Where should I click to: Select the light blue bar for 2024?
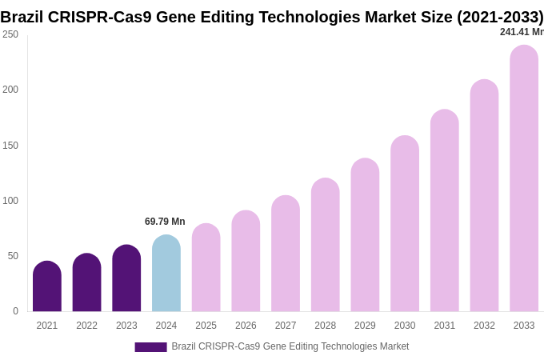click(166, 274)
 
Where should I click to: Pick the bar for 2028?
click(326, 245)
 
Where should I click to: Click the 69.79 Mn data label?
click(165, 222)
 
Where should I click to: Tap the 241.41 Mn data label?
click(522, 32)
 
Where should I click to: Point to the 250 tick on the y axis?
click(10, 34)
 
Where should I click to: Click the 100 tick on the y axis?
click(10, 201)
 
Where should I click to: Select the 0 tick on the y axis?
click(15, 311)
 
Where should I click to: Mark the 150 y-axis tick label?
click(10, 146)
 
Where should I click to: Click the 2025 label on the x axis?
click(206, 326)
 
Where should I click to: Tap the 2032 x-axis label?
click(484, 326)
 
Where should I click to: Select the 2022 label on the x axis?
click(87, 326)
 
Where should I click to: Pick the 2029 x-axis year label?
click(365, 326)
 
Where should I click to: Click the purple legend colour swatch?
click(150, 347)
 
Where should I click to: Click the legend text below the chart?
click(290, 346)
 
